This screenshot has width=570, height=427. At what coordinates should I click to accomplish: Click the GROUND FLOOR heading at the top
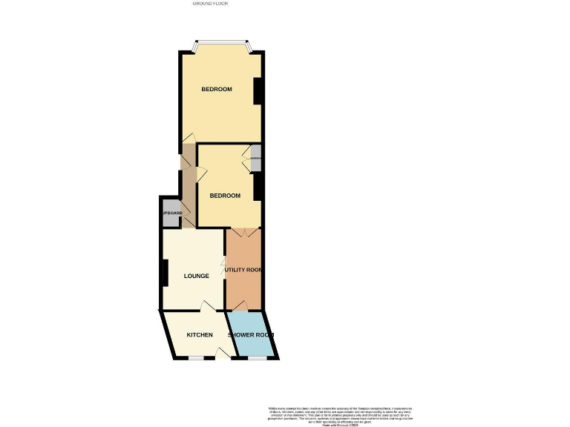tap(210, 4)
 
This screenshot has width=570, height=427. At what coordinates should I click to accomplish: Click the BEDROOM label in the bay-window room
tap(217, 89)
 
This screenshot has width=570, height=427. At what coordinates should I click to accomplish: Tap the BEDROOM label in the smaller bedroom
tap(225, 196)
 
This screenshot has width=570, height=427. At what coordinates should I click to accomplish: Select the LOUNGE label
tap(196, 276)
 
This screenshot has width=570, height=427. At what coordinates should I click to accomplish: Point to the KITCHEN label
tap(200, 335)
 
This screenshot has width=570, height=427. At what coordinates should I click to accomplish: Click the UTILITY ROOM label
tap(244, 270)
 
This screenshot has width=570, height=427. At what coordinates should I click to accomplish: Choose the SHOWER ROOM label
tap(250, 335)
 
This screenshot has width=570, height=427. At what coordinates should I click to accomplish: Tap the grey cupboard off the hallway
tap(171, 213)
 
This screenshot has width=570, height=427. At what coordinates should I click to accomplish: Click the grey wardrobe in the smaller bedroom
tap(256, 159)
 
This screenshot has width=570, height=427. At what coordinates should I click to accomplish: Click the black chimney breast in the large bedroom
tap(258, 90)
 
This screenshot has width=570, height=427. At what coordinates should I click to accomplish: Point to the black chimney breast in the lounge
tap(165, 273)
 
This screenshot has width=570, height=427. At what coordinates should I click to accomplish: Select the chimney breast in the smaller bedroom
tap(258, 187)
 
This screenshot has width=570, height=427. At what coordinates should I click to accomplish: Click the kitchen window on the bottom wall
tap(196, 358)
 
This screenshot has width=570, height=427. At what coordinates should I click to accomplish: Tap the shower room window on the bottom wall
tap(257, 358)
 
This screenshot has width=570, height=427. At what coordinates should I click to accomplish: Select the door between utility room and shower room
tap(240, 308)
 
